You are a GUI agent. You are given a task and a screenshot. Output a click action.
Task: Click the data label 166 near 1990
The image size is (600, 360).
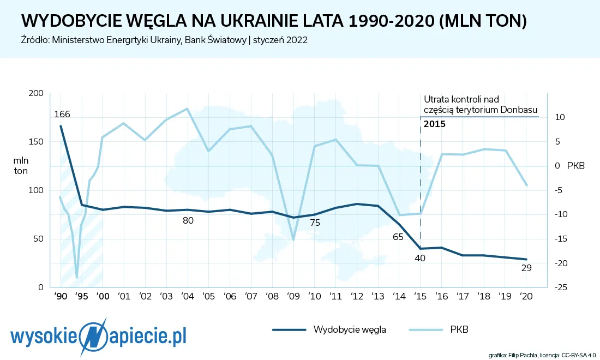coord(62,115)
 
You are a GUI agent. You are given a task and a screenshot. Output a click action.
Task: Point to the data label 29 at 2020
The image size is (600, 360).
coord(526,268)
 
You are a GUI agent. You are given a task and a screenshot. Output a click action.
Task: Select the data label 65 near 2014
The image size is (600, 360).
coord(398,237)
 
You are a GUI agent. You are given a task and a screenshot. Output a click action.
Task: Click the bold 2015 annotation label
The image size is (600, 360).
coord(435,124)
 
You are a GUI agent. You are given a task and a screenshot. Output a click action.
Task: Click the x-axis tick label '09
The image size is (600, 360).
coord(293,297)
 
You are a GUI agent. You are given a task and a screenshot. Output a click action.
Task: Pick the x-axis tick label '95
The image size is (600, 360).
coord(81,297)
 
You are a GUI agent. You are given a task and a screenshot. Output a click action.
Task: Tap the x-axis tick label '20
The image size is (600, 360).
coord(526,297)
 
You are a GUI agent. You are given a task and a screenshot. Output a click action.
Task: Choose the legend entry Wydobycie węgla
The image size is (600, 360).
coord(330,329)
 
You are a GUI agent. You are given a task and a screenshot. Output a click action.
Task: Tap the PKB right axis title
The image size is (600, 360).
coord(575,166)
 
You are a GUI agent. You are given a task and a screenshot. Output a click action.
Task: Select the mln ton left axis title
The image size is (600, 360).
coord(21,166)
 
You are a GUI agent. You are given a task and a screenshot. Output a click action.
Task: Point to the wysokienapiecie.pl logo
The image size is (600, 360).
coord(99,336)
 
